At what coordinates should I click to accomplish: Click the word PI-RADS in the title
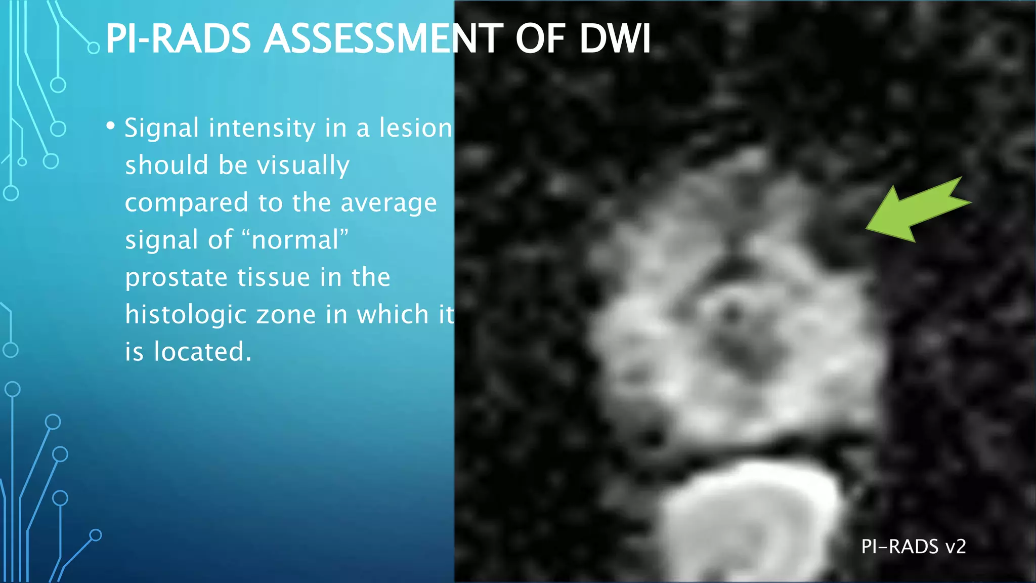click(x=178, y=39)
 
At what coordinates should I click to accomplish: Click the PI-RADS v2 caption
click(x=914, y=547)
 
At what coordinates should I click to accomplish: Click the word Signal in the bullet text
click(x=161, y=129)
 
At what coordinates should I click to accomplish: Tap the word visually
click(x=303, y=165)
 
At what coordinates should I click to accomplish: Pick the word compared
click(x=187, y=203)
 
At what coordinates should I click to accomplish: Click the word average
click(x=388, y=203)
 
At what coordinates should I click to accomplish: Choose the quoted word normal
click(x=295, y=240)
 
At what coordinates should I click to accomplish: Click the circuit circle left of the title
click(x=94, y=48)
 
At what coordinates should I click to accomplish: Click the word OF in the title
click(x=540, y=39)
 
